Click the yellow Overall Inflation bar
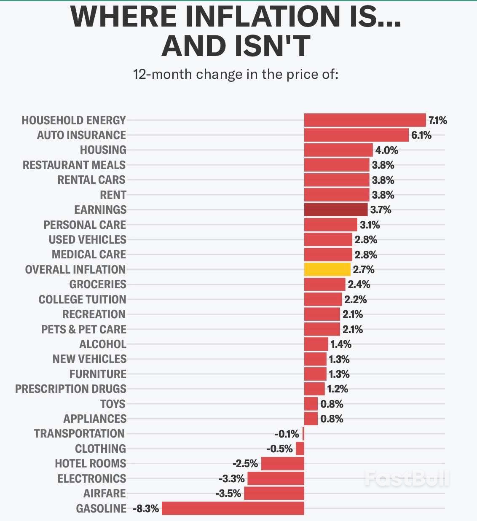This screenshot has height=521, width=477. coord(327,269)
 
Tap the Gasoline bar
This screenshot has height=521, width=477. coord(233,508)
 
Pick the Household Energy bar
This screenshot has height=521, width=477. coord(365,120)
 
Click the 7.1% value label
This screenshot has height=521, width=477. coord(437,121)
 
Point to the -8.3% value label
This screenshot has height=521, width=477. coord(146,509)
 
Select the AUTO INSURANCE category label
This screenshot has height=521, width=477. coord(81,135)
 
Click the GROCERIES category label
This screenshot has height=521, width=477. coord(98,285)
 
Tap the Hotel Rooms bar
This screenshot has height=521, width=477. coord(282,464)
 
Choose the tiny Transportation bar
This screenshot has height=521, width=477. coord(303,434)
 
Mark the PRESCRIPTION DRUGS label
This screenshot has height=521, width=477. coord(71,389)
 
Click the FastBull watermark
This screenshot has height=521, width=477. coord(407,478)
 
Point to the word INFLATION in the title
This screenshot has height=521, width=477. coord(262,17)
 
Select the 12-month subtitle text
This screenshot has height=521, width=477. coord(236,74)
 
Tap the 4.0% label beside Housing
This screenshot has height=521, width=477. coord(386,150)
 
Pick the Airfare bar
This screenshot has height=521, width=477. coord(274,493)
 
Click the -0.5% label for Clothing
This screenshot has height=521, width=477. coord(279,448)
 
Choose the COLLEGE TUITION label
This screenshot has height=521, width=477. coord(82,299)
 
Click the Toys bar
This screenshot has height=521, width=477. coord(311,404)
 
